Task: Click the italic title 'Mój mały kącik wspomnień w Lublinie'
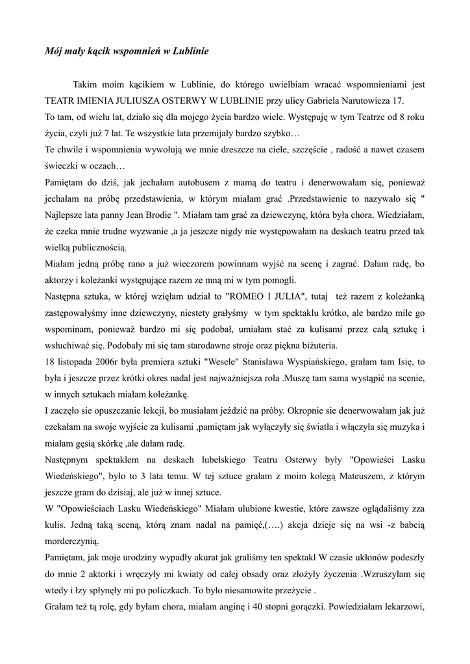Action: pyautogui.click(x=127, y=50)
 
